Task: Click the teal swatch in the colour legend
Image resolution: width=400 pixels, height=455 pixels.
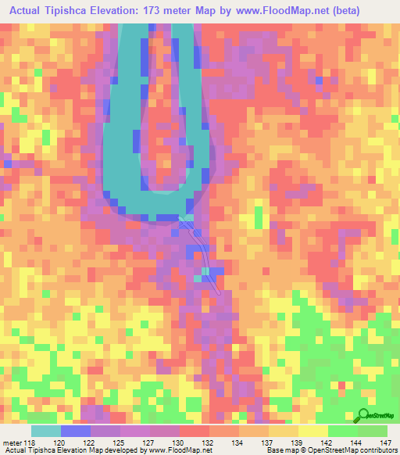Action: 45,431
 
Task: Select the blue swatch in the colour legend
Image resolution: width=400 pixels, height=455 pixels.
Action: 75,431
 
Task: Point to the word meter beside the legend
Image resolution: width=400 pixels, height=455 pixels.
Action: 11,442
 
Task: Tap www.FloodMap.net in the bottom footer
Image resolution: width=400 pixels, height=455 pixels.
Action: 191,450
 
